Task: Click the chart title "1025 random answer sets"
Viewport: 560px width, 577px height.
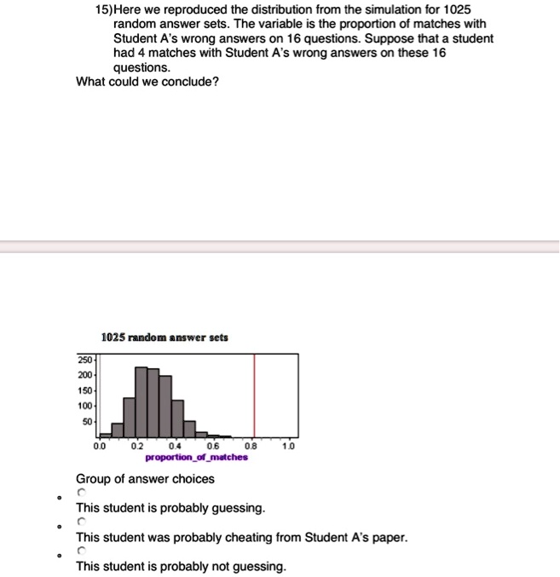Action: click(164, 338)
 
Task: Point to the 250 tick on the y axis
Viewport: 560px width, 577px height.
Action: click(87, 361)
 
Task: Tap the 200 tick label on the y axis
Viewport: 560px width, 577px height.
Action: click(87, 376)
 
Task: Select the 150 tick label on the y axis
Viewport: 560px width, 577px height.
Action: click(87, 391)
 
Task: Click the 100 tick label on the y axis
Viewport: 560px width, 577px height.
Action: click(87, 407)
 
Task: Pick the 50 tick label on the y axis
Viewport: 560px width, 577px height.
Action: click(89, 422)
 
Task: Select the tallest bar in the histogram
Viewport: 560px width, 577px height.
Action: click(141, 401)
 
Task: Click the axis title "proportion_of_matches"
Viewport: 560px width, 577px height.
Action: click(197, 458)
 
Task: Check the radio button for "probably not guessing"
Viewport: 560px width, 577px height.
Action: click(82, 551)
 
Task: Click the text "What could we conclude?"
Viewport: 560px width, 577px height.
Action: click(147, 83)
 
